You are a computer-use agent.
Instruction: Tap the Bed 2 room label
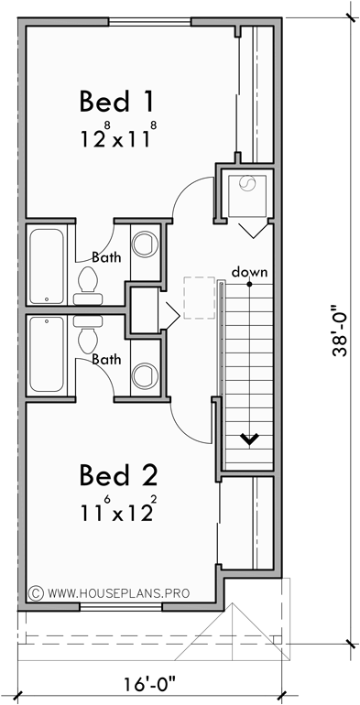tap(118, 475)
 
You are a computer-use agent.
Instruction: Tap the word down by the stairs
tap(248, 272)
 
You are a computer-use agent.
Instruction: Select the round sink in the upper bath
tap(144, 244)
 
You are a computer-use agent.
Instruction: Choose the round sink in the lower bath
tap(144, 375)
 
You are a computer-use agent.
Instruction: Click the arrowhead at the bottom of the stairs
tap(247, 440)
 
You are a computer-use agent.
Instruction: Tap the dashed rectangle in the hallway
tap(198, 298)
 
